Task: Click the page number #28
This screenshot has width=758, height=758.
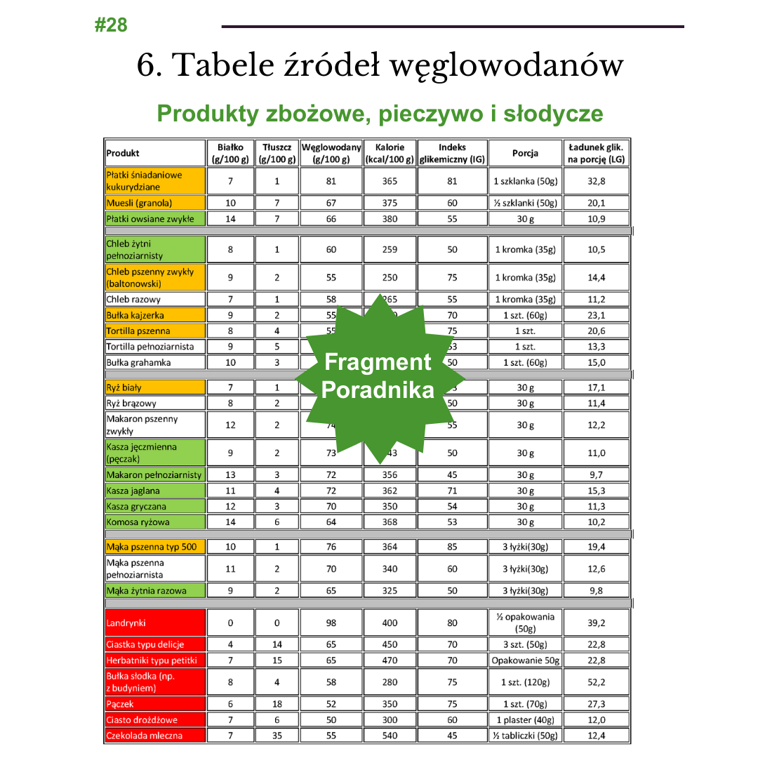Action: point(111,25)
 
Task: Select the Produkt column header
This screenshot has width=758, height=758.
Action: point(124,153)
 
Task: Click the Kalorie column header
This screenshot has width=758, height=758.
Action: point(390,147)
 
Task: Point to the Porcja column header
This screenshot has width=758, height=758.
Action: point(525,153)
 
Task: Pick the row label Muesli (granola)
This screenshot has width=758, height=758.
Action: point(140,203)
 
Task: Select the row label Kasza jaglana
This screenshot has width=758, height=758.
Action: point(133,491)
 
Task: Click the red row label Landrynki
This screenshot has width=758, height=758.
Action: point(126,623)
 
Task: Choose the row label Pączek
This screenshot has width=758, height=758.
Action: point(120,704)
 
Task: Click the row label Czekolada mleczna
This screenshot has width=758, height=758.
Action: point(145,736)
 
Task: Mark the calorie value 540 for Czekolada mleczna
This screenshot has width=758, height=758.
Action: point(390,736)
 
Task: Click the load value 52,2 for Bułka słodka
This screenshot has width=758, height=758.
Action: point(596,681)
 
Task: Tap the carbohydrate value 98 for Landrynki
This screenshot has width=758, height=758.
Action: point(331,623)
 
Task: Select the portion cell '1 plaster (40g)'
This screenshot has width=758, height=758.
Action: point(525,719)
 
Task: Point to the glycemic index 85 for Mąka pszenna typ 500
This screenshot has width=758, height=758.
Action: point(452,547)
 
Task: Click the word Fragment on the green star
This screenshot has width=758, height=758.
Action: point(378,362)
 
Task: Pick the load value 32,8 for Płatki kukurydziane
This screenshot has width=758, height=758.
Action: point(596,181)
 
